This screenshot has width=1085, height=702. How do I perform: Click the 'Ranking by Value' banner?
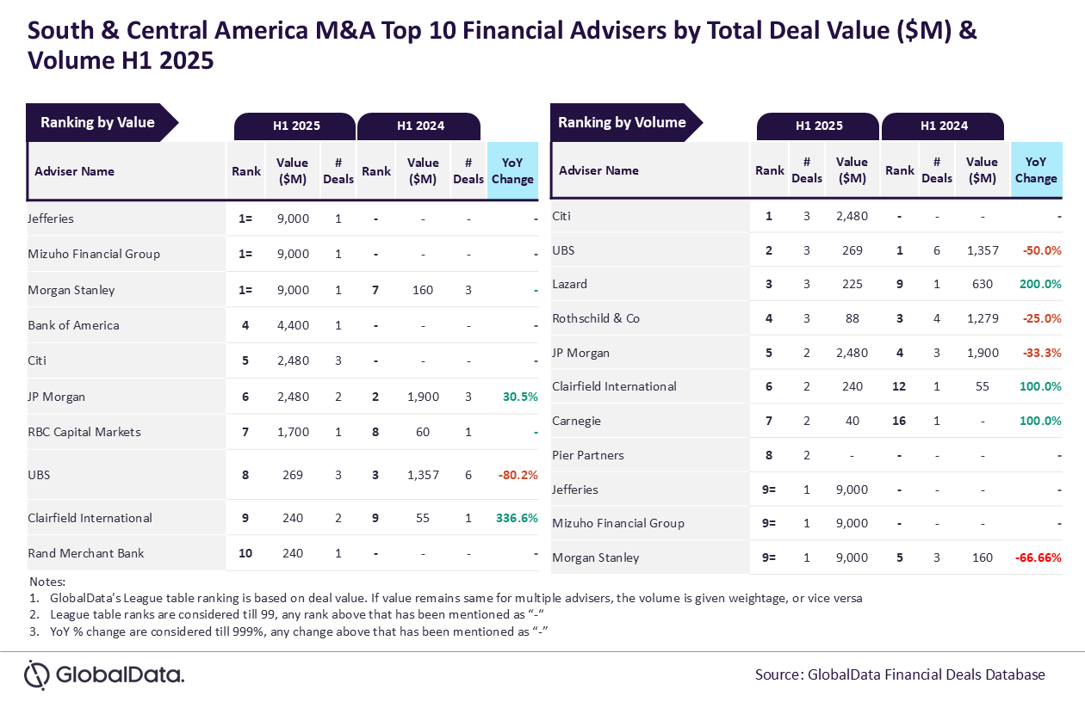[x=97, y=122]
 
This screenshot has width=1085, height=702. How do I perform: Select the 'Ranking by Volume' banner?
[x=622, y=122]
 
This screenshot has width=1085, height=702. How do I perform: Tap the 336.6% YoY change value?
[x=517, y=518]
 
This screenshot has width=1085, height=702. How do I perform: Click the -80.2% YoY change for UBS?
[x=518, y=475]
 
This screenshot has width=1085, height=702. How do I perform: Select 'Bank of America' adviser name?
[x=73, y=325]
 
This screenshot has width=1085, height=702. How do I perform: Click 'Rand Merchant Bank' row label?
[x=79, y=553]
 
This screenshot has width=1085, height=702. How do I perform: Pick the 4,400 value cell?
[x=292, y=325]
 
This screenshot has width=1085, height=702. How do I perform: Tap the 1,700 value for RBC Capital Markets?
[x=292, y=432]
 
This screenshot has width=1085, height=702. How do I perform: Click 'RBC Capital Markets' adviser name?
[x=84, y=432]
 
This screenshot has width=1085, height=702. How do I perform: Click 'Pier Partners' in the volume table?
[x=588, y=455]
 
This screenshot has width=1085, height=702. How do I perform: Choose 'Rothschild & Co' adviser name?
[x=596, y=318]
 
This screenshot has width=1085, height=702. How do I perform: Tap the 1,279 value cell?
[x=982, y=318]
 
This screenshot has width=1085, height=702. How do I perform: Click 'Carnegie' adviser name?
[x=576, y=421]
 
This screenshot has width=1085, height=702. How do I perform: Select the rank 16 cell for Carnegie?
[x=899, y=421]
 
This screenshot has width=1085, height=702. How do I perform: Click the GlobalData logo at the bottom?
[x=104, y=674]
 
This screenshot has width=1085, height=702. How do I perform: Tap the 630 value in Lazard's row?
[x=982, y=284]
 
